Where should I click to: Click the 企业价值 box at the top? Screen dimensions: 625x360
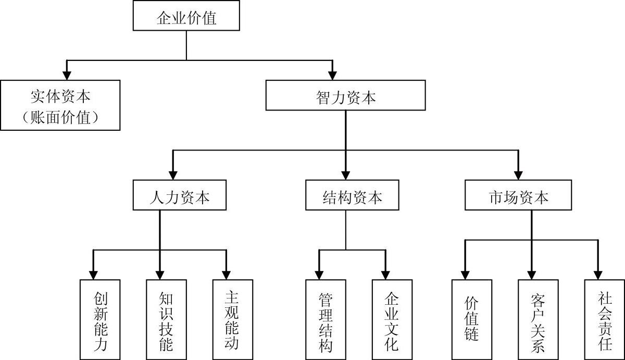[186, 16]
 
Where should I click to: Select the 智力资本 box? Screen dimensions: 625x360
[345, 95]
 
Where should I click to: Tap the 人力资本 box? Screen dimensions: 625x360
[179, 195]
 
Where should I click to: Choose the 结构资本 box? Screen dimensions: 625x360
[352, 195]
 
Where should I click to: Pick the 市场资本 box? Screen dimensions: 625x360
[518, 195]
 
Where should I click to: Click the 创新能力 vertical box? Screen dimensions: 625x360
[100, 319]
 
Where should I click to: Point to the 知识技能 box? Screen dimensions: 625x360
[166, 319]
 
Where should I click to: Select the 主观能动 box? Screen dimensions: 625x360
[233, 319]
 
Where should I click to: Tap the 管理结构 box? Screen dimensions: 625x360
[326, 319]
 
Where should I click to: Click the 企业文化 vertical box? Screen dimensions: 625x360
[392, 319]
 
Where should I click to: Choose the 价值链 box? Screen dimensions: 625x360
[472, 319]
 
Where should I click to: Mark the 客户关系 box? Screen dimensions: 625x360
[538, 319]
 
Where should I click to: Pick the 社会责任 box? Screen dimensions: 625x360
[605, 319]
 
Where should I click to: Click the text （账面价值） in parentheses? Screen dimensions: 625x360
[60, 117]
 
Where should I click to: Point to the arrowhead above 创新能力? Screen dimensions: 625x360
[93, 275]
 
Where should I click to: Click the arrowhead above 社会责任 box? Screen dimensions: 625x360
[598, 275]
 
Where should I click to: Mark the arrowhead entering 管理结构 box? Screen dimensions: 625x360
[319, 275]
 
